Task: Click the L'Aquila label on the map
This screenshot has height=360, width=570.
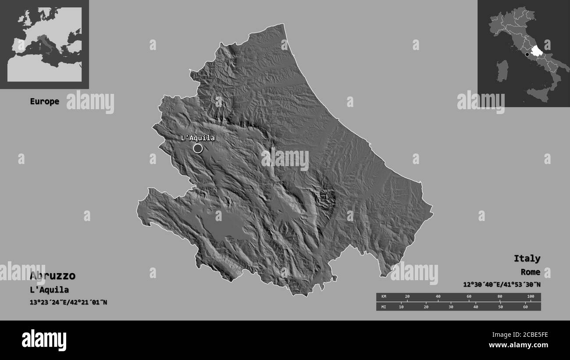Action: coord(198,138)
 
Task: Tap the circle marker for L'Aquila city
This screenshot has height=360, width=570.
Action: coord(198,149)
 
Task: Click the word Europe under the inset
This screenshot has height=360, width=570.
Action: coord(44,101)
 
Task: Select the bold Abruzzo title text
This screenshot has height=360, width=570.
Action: coord(53,276)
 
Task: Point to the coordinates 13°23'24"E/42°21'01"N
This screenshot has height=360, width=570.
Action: coord(68,303)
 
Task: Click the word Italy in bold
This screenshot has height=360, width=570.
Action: coord(527,258)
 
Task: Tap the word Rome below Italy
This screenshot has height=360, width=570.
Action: coord(531,272)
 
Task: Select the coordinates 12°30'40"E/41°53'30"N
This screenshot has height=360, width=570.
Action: coord(502,285)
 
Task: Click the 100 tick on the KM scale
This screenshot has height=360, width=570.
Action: coord(530,297)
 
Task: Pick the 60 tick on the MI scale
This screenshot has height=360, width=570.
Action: coord(525,307)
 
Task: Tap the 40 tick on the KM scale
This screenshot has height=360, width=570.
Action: coord(438,297)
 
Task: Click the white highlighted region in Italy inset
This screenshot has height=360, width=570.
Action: coord(536,53)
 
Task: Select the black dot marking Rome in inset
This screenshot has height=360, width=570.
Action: coord(527,55)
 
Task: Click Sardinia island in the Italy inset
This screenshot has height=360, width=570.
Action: coord(502,71)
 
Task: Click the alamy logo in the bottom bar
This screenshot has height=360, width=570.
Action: coord(44,340)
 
